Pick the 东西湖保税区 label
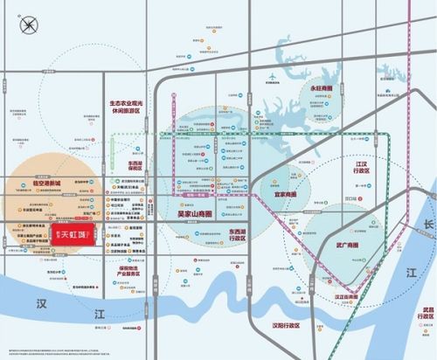(x=135, y=166)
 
